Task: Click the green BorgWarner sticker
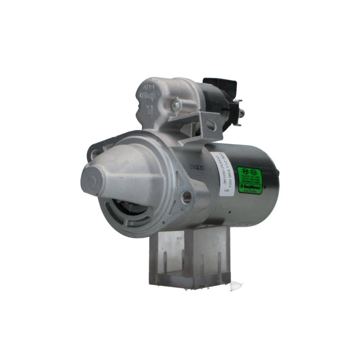(250, 180)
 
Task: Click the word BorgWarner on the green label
(251, 188)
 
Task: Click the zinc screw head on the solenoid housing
(176, 105)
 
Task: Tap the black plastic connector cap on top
(220, 86)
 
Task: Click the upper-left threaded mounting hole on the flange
(95, 154)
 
